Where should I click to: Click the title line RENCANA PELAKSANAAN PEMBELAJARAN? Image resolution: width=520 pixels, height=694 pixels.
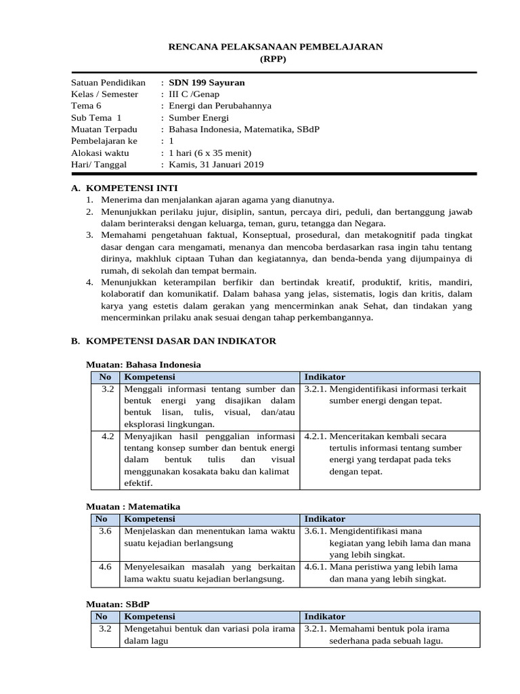[x=275, y=47]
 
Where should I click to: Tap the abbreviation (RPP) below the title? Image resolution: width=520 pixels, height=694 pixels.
[x=274, y=59]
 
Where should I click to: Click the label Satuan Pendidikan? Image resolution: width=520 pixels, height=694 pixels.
[x=108, y=83]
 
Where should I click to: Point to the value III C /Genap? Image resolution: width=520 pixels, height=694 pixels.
[x=194, y=94]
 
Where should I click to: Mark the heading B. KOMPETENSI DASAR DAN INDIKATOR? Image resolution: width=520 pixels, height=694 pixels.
[x=173, y=341]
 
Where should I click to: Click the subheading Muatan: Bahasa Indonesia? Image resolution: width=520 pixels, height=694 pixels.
[x=144, y=365]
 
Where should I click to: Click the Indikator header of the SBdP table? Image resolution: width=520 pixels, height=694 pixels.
[x=324, y=617]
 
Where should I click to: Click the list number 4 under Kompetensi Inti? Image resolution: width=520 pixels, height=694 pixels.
[x=89, y=281]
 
